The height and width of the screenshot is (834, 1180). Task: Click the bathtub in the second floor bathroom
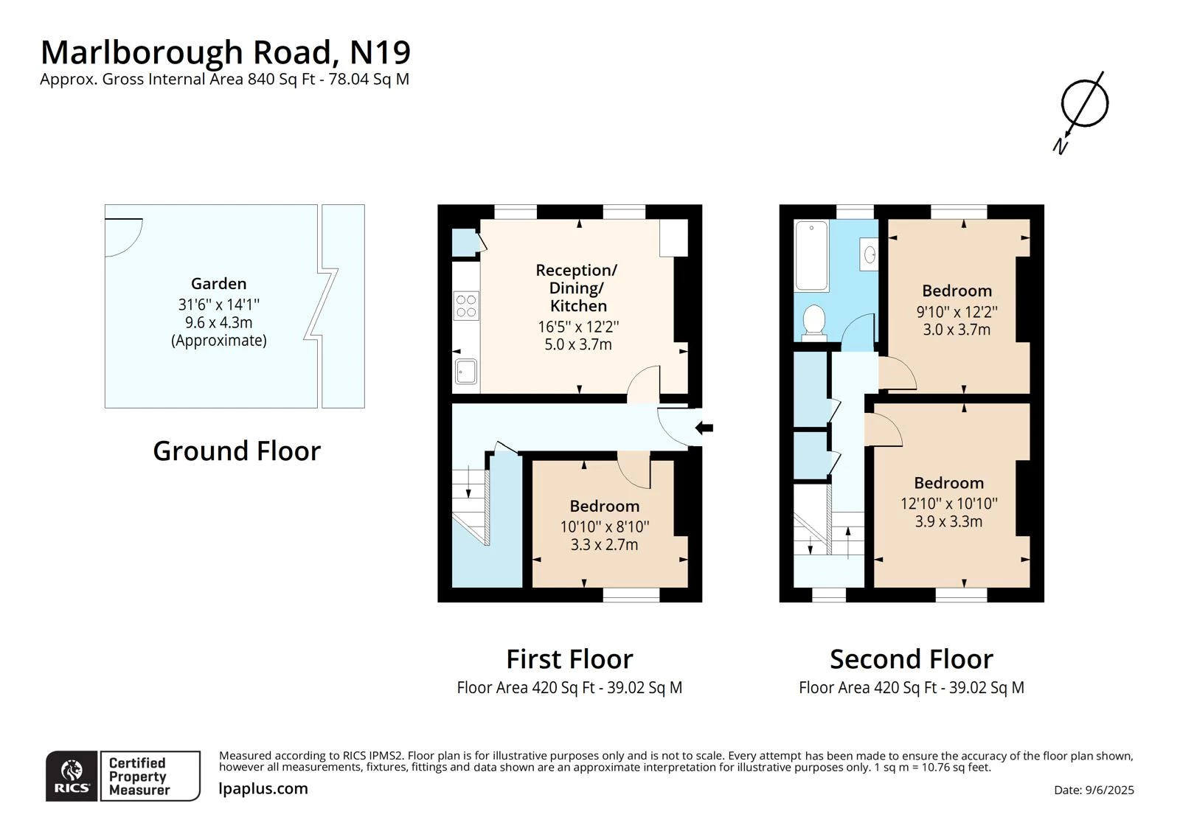[811, 256]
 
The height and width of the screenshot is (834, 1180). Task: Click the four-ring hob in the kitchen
[465, 306]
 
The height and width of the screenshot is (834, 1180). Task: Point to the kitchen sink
[465, 371]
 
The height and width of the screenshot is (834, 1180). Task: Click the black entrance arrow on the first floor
[704, 427]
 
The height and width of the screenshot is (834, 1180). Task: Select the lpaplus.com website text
[263, 788]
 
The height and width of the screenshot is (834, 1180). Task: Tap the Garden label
[218, 284]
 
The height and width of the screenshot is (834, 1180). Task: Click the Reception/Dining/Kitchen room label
[577, 288]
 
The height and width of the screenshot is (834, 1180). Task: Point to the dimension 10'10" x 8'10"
[604, 527]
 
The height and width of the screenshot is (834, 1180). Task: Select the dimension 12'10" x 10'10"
[948, 504]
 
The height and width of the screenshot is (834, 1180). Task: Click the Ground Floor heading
[237, 451]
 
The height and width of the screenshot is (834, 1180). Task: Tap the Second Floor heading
[911, 658]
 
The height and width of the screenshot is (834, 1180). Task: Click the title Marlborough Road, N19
[225, 52]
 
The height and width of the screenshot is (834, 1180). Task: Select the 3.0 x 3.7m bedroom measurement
[957, 330]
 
